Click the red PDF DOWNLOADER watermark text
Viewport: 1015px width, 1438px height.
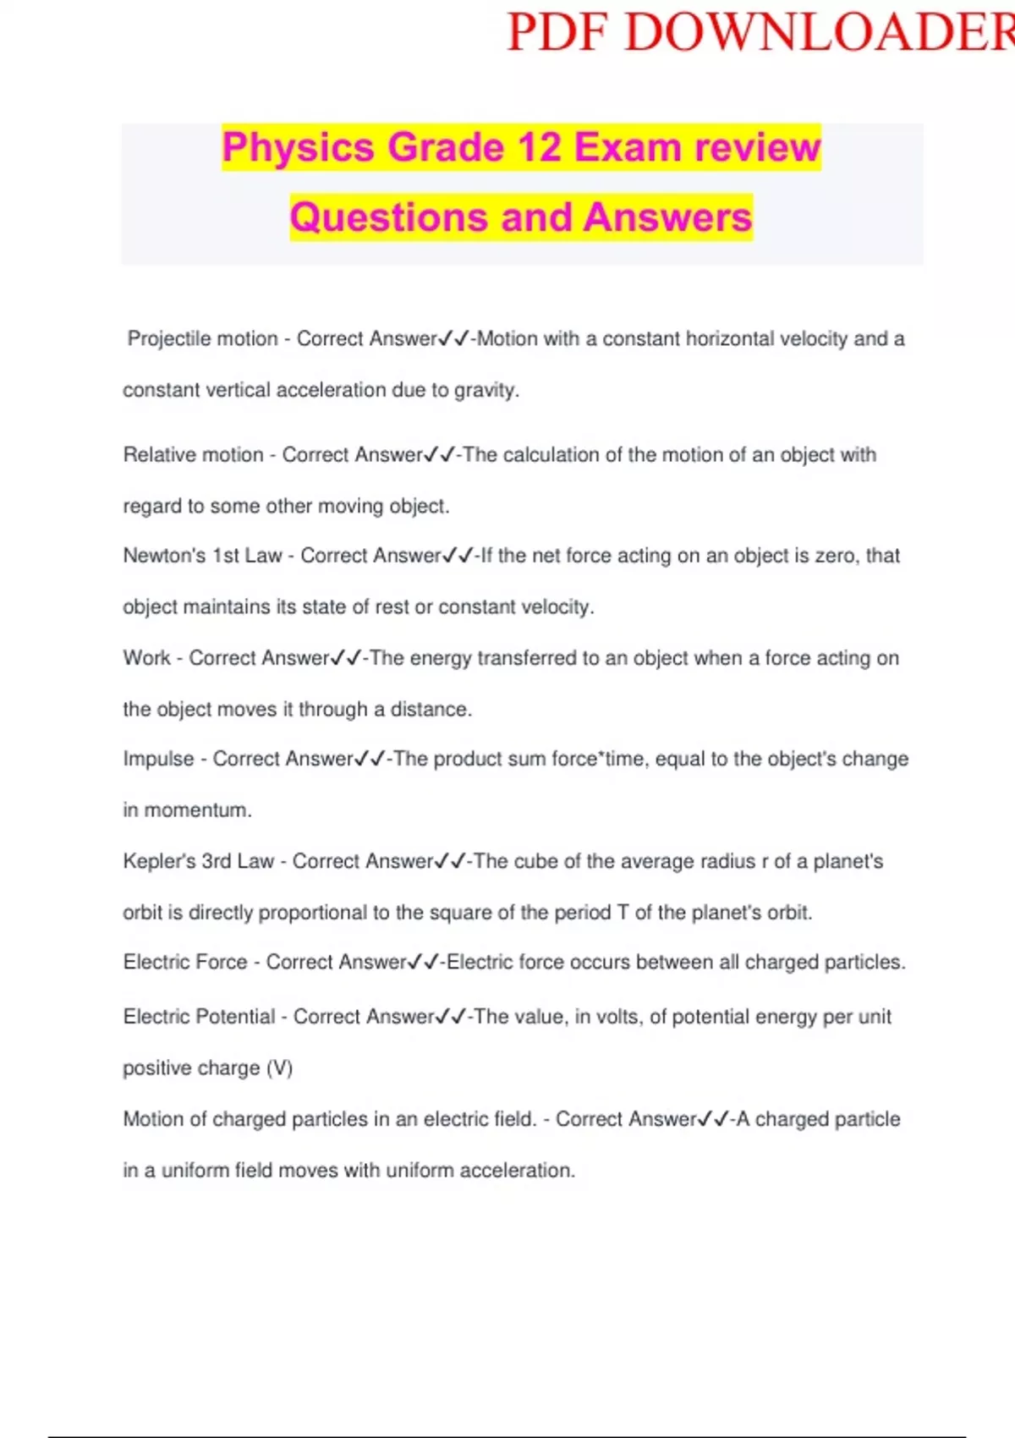(760, 34)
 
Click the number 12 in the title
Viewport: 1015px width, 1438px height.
(539, 148)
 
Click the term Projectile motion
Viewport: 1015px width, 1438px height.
(203, 339)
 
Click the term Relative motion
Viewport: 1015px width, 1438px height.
(193, 455)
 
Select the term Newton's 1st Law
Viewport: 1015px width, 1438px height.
(202, 556)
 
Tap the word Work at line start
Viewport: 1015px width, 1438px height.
(146, 658)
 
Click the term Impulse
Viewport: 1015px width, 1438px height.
(158, 759)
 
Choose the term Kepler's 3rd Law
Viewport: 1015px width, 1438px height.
(198, 861)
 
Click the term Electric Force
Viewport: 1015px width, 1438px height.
(185, 963)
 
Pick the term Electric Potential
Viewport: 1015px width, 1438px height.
(199, 1017)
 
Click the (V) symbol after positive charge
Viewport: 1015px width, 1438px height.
(279, 1068)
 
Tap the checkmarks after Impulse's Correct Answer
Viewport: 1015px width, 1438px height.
(370, 759)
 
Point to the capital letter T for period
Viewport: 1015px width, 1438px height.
(623, 913)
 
